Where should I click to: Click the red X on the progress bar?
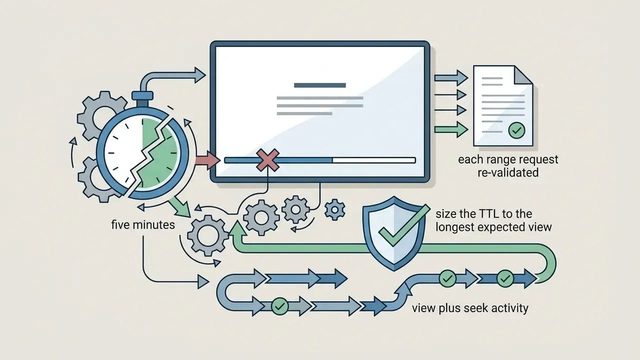267,160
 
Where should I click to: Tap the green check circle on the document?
516,130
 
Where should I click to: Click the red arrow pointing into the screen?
207,160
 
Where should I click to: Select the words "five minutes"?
143,225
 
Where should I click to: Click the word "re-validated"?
508,172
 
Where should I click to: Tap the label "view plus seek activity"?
470,308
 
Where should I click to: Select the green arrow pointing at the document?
451,129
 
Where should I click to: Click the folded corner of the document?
523,75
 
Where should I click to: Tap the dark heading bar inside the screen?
319,85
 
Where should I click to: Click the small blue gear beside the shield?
335,210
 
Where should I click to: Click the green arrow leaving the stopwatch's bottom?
179,206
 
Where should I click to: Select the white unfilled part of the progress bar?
373,160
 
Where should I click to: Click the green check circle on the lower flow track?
279,306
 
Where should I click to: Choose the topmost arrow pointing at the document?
451,77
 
